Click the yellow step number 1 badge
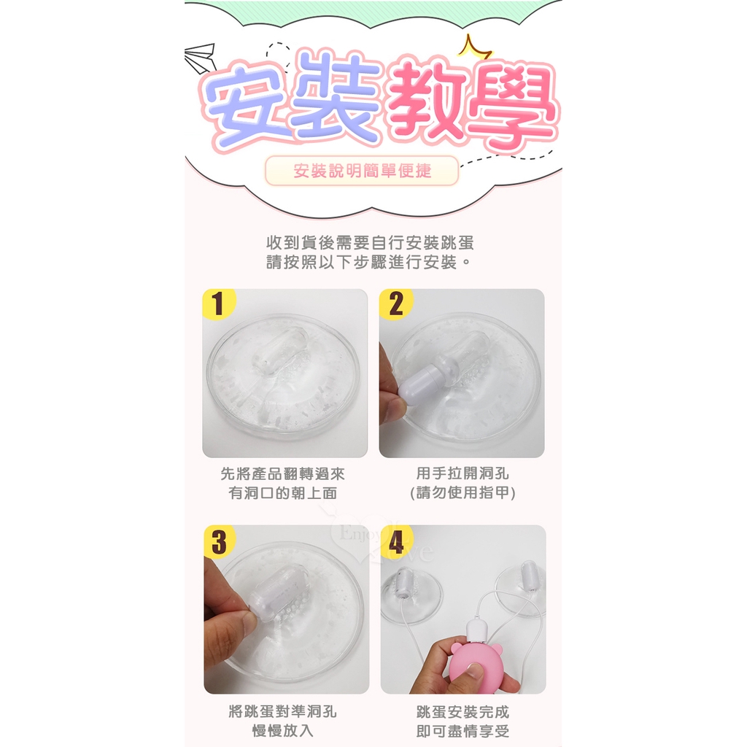pyautogui.click(x=218, y=303)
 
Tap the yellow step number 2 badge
pyautogui.click(x=395, y=303)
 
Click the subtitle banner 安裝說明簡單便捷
pyautogui.click(x=362, y=171)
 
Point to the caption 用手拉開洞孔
pyautogui.click(x=462, y=473)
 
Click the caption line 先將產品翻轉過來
pyautogui.click(x=283, y=473)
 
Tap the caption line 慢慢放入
pyautogui.click(x=282, y=730)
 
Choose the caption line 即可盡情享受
pyautogui.click(x=462, y=731)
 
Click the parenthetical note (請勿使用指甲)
pyautogui.click(x=462, y=492)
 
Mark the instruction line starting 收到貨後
pyautogui.click(x=370, y=243)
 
